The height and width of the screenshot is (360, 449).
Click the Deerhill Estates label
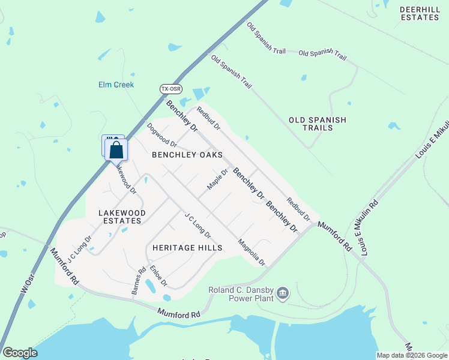(420, 13)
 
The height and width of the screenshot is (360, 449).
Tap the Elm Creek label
(116, 85)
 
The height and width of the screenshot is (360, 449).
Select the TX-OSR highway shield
(170, 89)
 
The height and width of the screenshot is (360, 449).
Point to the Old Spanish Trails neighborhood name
(318, 124)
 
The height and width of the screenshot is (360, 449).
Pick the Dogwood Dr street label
(162, 136)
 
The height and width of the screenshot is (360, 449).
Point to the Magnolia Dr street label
(251, 253)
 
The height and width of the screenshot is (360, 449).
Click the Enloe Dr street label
(158, 275)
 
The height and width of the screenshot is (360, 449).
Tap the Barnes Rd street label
(138, 281)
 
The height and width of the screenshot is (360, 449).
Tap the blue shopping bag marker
(116, 150)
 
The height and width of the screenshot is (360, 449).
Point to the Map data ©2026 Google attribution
(412, 355)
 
